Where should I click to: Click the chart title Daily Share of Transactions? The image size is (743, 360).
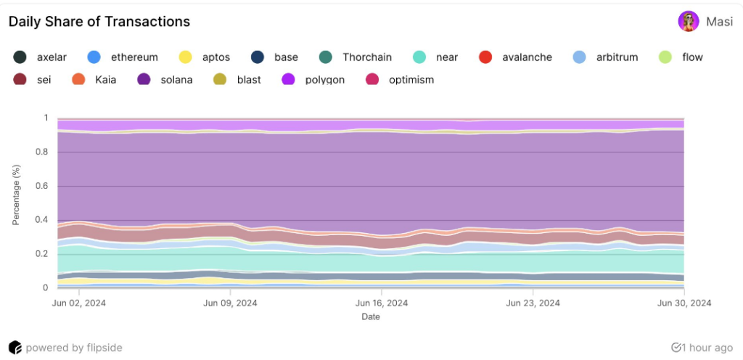click(99, 22)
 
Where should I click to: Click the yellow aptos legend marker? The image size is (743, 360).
click(186, 57)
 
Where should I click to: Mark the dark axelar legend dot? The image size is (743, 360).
click(20, 57)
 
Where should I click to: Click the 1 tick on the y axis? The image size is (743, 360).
click(46, 118)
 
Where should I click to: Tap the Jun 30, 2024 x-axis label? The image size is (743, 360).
click(684, 303)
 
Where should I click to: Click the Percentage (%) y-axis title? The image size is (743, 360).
click(16, 195)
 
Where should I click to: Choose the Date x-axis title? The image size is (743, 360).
click(371, 316)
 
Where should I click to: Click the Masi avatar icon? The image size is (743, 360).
click(688, 22)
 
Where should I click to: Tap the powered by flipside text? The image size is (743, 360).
click(72, 348)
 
